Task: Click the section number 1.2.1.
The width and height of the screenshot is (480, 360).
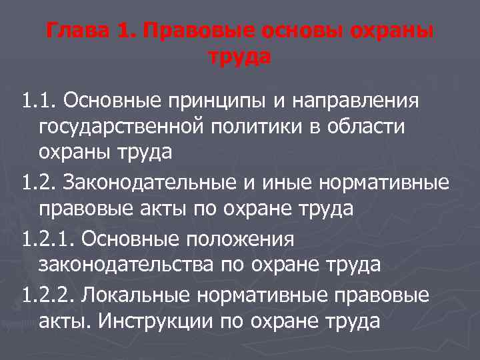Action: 47,237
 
